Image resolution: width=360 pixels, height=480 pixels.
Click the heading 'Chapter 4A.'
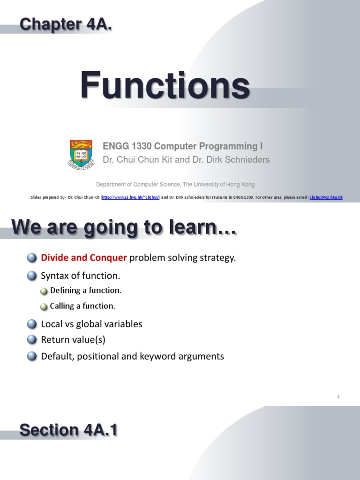(x=66, y=24)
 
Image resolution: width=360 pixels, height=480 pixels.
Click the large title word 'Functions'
(x=165, y=85)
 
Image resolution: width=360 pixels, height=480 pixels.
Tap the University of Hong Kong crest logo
(x=81, y=154)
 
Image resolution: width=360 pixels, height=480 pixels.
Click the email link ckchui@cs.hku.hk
(x=326, y=197)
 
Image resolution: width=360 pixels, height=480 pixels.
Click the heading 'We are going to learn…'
(x=124, y=228)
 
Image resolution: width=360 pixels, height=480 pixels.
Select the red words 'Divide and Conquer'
(x=84, y=258)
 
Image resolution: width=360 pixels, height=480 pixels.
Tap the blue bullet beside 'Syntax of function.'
(x=32, y=276)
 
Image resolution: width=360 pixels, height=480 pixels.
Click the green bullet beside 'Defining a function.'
(x=44, y=291)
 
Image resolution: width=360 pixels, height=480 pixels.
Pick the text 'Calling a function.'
(x=82, y=306)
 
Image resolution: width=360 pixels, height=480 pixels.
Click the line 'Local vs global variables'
(x=91, y=324)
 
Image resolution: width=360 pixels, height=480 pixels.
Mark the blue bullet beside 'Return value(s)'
(x=32, y=339)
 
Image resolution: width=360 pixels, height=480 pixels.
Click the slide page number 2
(x=338, y=397)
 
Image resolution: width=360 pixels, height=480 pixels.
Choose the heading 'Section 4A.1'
(x=68, y=430)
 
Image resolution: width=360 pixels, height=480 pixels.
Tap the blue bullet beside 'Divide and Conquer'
(x=32, y=258)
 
